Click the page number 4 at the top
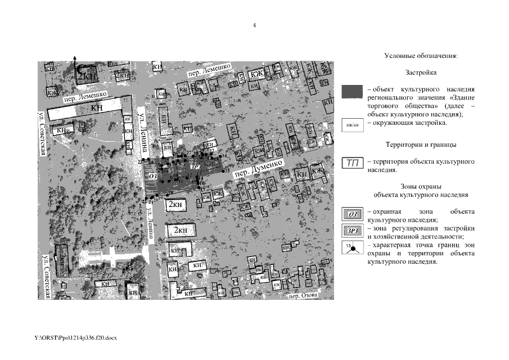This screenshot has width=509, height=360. pyautogui.click(x=255, y=25)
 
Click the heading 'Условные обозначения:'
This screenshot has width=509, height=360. pyautogui.click(x=421, y=56)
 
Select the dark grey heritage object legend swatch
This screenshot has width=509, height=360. pyautogui.click(x=353, y=92)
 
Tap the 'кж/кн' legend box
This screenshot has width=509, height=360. pyautogui.click(x=353, y=124)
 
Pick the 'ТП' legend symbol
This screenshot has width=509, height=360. pyautogui.click(x=353, y=163)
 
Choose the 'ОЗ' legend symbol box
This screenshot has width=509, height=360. pyautogui.click(x=353, y=214)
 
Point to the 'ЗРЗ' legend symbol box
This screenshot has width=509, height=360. pyautogui.click(x=353, y=230)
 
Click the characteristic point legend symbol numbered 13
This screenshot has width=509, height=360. pyautogui.click(x=353, y=248)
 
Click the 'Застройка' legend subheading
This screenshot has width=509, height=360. pyautogui.click(x=421, y=73)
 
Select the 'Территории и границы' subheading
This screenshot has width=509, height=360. pyautogui.click(x=421, y=145)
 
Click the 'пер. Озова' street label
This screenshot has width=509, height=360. pyautogui.click(x=300, y=295)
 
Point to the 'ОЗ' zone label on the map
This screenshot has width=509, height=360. pyautogui.click(x=151, y=176)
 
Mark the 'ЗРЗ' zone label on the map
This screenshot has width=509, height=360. pyautogui.click(x=196, y=166)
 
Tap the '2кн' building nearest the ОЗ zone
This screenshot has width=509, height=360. pyautogui.click(x=177, y=205)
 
